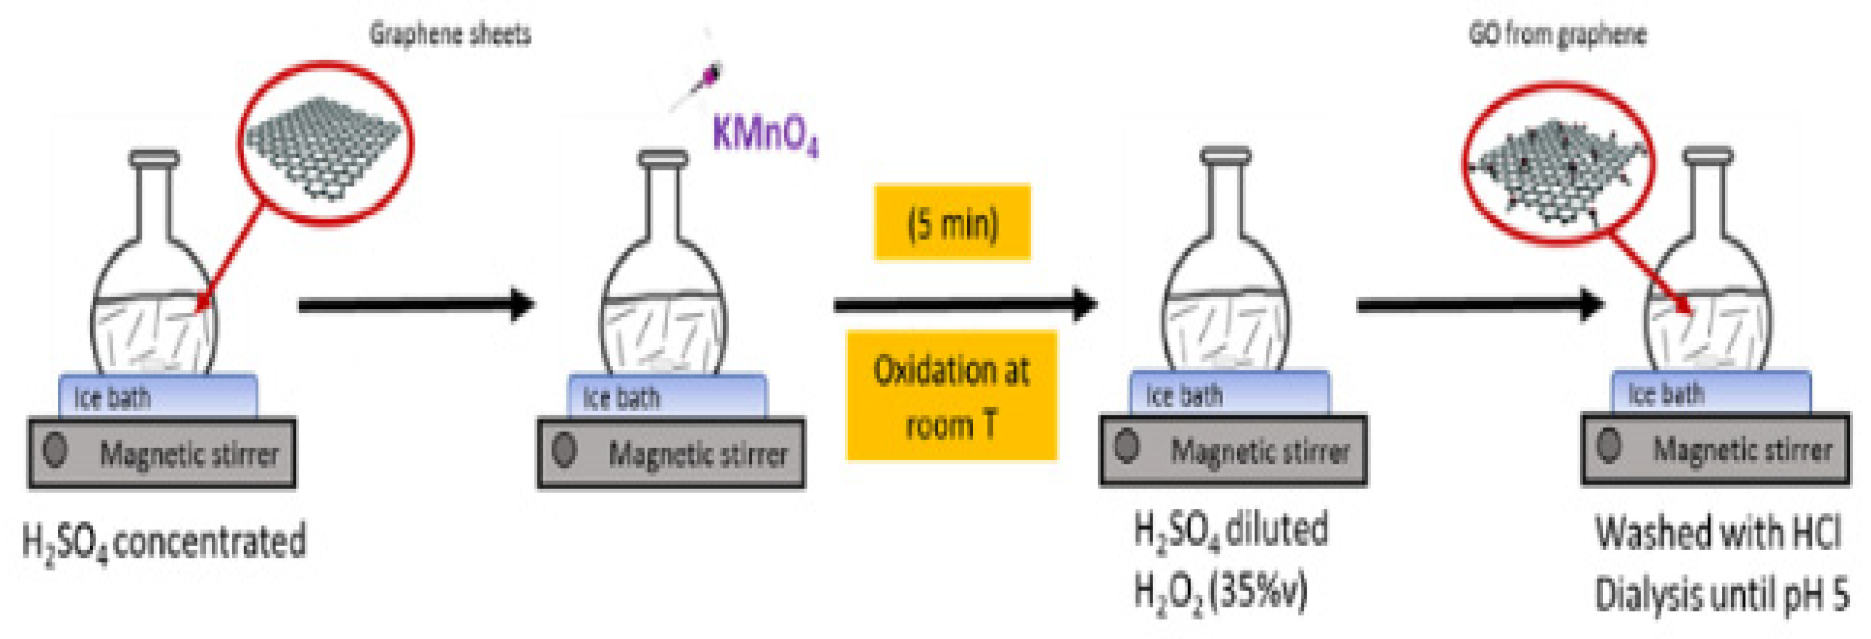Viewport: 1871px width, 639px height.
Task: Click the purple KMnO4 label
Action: click(x=765, y=135)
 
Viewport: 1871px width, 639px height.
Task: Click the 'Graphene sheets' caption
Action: click(x=451, y=34)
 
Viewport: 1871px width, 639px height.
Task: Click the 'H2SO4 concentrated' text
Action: click(x=164, y=542)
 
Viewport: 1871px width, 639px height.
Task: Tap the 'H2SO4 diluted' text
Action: click(x=1231, y=531)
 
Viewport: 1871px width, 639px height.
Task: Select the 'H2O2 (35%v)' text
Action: click(x=1220, y=591)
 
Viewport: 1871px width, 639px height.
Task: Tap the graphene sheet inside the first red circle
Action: click(x=324, y=145)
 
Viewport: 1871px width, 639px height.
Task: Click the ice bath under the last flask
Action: click(x=1711, y=393)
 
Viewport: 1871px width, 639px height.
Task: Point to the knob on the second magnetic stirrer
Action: click(x=564, y=450)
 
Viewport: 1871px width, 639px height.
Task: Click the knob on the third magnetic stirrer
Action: click(x=1126, y=446)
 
